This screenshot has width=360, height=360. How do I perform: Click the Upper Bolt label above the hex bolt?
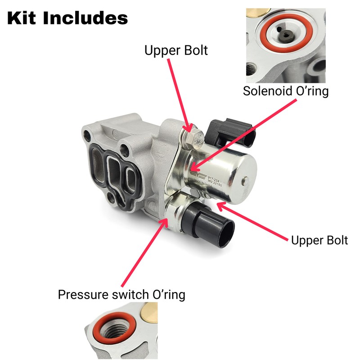pyautogui.click(x=176, y=50)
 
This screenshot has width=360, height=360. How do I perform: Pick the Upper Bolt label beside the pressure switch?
pyautogui.click(x=319, y=240)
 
